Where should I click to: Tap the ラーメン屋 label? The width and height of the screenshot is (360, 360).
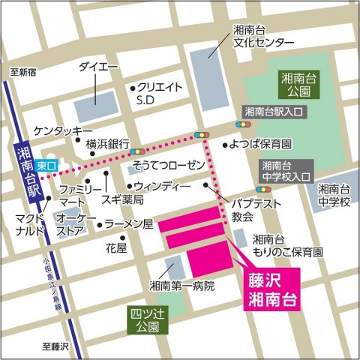(128, 223)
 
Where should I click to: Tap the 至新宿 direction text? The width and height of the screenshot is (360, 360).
(22, 72)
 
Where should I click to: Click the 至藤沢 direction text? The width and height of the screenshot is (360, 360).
(55, 346)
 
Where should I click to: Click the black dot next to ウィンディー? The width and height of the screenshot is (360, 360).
(129, 185)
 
